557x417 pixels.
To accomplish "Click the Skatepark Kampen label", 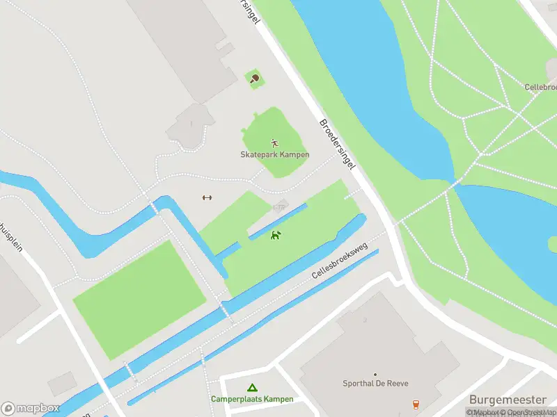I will click(x=275, y=154).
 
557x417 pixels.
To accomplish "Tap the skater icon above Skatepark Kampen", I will click(x=275, y=142).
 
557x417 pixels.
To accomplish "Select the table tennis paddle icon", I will click(x=254, y=79).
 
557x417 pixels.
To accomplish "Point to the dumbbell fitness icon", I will click(x=206, y=198).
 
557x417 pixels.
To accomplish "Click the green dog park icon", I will click(x=276, y=235).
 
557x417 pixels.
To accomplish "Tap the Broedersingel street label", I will click(x=338, y=145).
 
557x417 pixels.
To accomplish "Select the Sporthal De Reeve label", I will click(x=375, y=384).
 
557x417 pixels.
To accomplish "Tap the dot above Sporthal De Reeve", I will click(x=375, y=374).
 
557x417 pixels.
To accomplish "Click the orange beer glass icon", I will click(x=416, y=404).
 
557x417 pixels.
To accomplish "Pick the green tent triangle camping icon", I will click(x=252, y=388).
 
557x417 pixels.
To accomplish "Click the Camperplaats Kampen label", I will click(x=252, y=399).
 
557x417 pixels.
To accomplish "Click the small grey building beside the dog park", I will click(x=280, y=206).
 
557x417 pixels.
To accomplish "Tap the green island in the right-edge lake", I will click(x=553, y=244).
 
